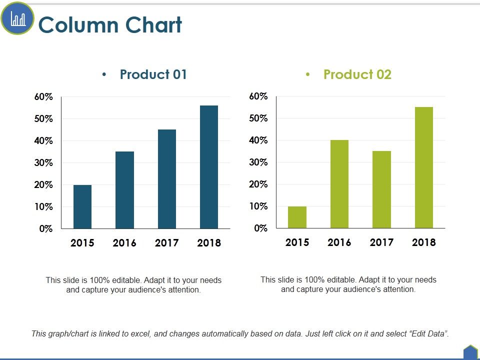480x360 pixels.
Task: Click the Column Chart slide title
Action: pos(110,25)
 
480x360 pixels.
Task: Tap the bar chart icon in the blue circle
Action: pos(17,19)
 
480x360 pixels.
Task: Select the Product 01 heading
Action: pos(153,74)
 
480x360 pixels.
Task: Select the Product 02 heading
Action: pos(357,74)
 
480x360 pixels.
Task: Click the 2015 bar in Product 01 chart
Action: pos(82,206)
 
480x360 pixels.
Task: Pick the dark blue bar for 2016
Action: pos(124,190)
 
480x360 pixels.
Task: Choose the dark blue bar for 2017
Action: pos(167,179)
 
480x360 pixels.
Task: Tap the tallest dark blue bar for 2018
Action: pos(209,167)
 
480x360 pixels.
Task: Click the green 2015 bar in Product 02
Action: pos(297,217)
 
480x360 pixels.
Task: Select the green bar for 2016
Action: pos(339,184)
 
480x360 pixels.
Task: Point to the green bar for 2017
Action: pos(381,189)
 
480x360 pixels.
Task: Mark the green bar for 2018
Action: pos(424,167)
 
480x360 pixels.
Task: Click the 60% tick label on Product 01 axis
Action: pos(43,97)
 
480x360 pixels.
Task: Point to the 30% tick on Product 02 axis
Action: pos(258,162)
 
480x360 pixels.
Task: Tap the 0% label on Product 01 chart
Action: pos(46,229)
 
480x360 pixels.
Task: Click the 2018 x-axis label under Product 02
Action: pos(424,242)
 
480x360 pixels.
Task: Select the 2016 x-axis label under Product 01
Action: pos(124,243)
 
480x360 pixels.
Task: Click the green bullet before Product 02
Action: pos(308,75)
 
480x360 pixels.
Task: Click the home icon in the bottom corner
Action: pos(470,352)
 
